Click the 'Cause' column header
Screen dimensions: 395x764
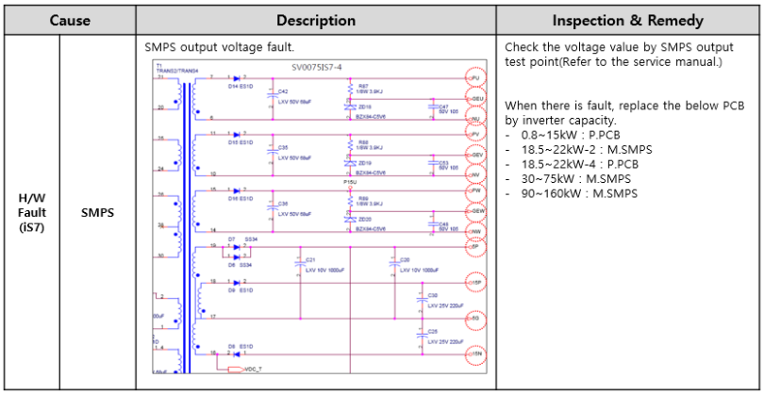click(x=70, y=20)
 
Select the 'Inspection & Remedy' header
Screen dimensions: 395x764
click(x=627, y=20)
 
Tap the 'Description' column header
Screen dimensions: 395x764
click(x=315, y=20)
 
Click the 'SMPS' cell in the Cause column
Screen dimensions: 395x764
click(x=97, y=213)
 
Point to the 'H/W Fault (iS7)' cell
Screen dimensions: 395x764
click(x=32, y=213)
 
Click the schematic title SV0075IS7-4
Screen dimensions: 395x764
click(x=324, y=68)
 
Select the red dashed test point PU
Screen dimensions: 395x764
click(x=476, y=77)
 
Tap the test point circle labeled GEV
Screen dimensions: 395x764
click(x=476, y=154)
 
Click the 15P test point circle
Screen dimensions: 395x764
click(x=476, y=282)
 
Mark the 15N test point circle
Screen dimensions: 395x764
click(x=476, y=354)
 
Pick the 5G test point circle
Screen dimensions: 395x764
click(x=476, y=318)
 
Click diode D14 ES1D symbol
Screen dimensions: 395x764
click(x=236, y=77)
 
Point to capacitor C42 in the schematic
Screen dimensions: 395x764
click(x=272, y=93)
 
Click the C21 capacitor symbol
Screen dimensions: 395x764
click(x=300, y=265)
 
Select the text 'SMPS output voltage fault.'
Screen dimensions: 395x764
click(x=208, y=46)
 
